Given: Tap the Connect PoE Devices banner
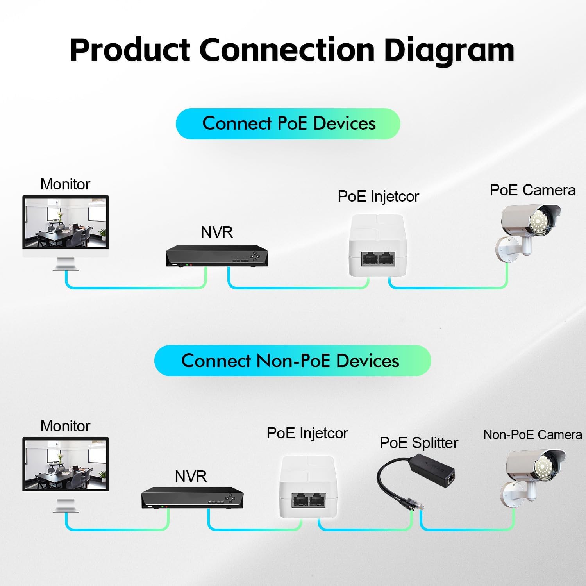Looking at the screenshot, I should click(288, 123).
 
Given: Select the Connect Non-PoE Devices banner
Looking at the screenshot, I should click(292, 361).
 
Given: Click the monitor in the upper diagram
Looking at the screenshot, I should click(66, 223).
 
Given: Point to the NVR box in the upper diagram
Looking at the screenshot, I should click(217, 256).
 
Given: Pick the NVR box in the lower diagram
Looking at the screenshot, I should click(192, 498).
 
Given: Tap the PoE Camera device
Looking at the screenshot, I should click(529, 230).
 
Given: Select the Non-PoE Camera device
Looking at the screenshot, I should click(533, 477).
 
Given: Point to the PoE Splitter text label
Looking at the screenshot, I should click(418, 443).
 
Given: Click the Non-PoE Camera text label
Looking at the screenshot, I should click(532, 434).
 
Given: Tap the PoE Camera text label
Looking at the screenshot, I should click(532, 190).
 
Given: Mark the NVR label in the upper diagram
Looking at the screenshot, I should click(217, 232).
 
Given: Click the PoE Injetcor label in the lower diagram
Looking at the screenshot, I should click(307, 433).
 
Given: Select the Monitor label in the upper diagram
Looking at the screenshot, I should click(65, 184).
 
